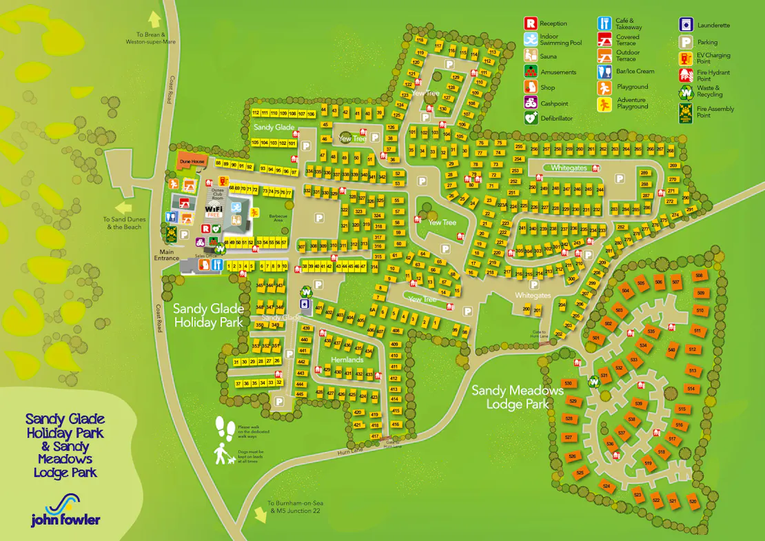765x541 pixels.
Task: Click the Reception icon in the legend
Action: click(530, 23)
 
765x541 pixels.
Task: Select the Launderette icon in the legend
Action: click(686, 25)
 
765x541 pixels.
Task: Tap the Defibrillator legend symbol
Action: click(530, 118)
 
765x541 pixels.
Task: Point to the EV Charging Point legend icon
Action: click(686, 59)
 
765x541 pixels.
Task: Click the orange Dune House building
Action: click(193, 161)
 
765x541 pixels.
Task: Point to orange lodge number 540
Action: click(671, 350)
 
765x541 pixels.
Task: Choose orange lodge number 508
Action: click(699, 276)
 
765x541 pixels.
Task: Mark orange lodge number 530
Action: click(568, 383)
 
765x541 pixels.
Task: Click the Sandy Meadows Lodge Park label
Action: click(517, 397)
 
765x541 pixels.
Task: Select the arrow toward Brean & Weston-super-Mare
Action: click(154, 19)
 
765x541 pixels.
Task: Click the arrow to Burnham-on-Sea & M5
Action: click(261, 514)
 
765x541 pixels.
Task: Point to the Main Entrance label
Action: click(167, 255)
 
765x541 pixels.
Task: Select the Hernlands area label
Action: click(347, 360)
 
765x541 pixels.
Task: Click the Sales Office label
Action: click(205, 256)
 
